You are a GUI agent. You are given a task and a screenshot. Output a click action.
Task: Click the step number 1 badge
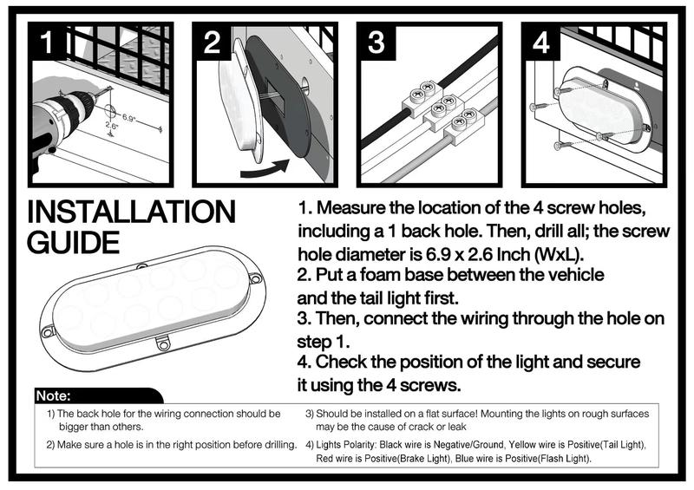[47, 42]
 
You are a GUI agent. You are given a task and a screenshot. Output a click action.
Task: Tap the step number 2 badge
[212, 42]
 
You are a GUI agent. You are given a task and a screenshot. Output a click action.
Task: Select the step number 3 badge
[376, 42]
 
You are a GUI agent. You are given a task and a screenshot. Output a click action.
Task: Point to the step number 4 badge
[541, 42]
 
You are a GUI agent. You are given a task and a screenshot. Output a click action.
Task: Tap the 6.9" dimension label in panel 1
[128, 118]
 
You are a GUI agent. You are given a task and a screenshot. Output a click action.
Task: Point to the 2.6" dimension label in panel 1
[112, 126]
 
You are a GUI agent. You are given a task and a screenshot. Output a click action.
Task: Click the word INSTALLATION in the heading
[132, 212]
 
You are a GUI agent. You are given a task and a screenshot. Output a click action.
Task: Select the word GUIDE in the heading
[74, 243]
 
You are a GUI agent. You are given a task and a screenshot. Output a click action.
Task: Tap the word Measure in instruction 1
[351, 207]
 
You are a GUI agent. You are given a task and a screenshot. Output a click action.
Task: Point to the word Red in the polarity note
[324, 458]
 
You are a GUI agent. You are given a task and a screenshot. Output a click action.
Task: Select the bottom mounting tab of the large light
[163, 343]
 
